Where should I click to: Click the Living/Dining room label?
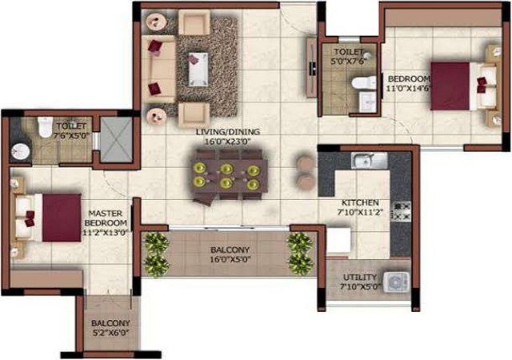coord(228,132)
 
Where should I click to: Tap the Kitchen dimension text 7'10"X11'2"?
coord(360,213)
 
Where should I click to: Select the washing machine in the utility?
coord(397,282)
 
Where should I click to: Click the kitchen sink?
coord(369,161)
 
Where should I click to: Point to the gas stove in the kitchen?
coord(401,211)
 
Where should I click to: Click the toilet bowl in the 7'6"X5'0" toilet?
coord(45,126)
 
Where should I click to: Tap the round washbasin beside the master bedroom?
coord(21,151)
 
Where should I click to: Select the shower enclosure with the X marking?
coord(116,139)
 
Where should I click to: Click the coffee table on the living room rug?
coord(198,70)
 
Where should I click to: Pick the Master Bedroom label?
coord(106,218)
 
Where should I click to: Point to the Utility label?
coord(360,278)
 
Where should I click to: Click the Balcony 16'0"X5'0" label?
coord(230,255)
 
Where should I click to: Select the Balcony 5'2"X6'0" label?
coord(110,328)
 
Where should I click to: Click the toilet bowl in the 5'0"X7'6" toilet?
coord(364,82)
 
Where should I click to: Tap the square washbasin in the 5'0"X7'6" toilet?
coord(368,101)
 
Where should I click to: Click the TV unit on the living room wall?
coord(312,67)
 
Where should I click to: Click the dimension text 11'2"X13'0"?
coord(106,233)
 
